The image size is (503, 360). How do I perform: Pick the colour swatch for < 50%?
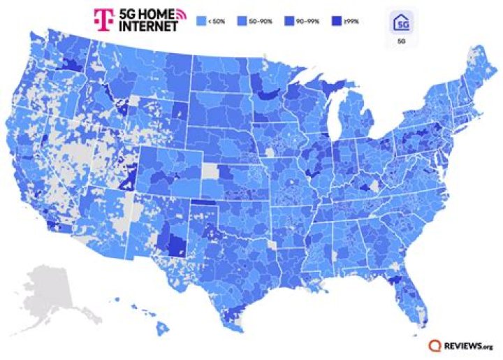202,21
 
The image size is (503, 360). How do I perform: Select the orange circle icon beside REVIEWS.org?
435,345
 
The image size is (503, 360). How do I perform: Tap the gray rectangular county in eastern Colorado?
210,171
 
